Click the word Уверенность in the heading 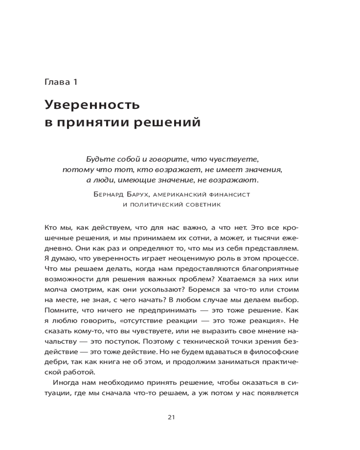point(93,106)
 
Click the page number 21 point(171,417)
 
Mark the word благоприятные point(269,269)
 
